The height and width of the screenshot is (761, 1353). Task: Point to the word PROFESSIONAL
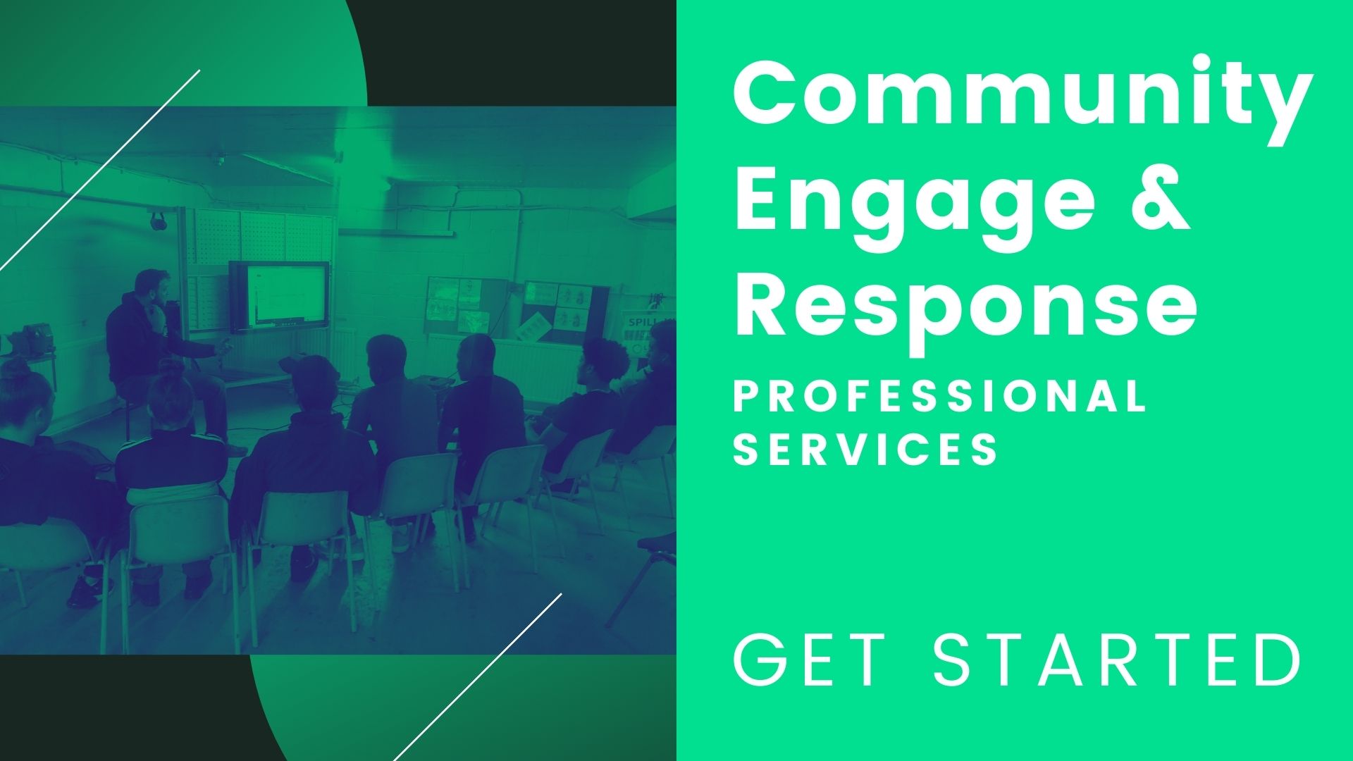coord(940,396)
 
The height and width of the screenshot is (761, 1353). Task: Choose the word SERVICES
coord(865,448)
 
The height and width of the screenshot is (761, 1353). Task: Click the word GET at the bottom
coord(810,660)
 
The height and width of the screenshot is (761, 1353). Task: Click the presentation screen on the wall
coord(279,296)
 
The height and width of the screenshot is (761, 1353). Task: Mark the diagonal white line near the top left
coord(100,169)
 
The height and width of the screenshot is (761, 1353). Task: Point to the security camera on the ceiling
coord(219,159)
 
